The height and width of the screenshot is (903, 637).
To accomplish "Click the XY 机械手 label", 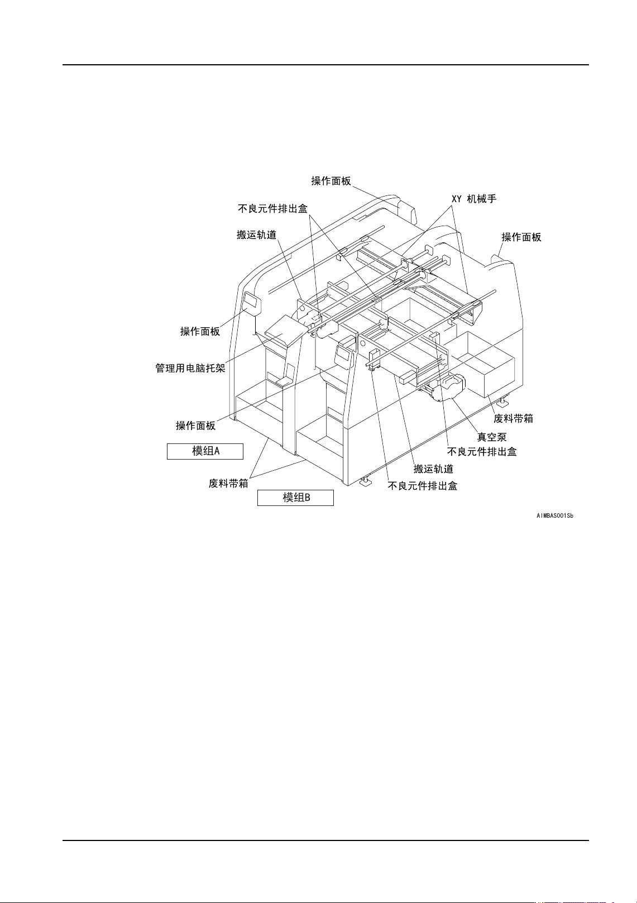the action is [473, 199].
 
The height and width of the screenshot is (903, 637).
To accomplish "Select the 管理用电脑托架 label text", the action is [190, 369].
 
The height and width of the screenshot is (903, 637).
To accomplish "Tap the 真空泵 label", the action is [491, 437].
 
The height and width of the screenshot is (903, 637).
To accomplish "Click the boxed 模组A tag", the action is [205, 451].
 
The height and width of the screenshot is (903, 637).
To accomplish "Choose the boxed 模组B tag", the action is [295, 498].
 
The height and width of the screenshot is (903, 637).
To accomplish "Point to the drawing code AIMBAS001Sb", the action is [555, 516].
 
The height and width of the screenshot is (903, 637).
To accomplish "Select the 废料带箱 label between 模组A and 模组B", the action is [228, 484].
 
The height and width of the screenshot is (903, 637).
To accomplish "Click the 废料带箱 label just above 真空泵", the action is [513, 418].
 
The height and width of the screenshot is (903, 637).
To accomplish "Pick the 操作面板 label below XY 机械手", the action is [521, 237].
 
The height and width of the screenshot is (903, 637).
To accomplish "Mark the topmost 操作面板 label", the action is [331, 181].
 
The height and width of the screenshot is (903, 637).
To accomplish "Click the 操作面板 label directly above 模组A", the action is [195, 426].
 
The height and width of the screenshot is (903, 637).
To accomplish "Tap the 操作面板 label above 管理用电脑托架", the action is [200, 332].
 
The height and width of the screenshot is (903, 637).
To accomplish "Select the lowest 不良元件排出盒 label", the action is [423, 486].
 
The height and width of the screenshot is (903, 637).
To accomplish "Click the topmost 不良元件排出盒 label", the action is [272, 209].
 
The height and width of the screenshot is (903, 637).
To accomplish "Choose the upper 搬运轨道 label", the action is [256, 235].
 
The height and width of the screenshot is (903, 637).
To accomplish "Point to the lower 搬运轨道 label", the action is [433, 469].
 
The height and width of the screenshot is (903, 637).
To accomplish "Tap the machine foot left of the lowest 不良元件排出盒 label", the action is [366, 481].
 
